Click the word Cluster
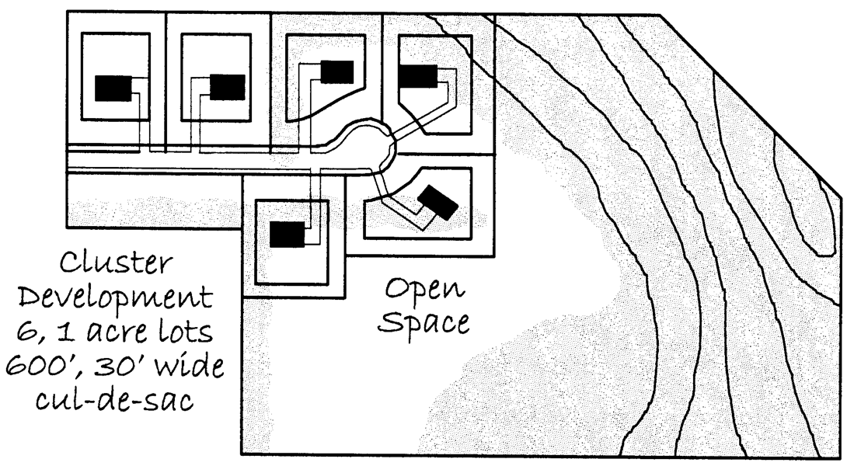(x=116, y=264)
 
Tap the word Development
(x=115, y=299)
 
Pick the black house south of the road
(x=286, y=234)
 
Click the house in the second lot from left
(x=227, y=87)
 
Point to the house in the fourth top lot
(x=417, y=77)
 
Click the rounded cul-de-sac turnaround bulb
(x=364, y=148)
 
